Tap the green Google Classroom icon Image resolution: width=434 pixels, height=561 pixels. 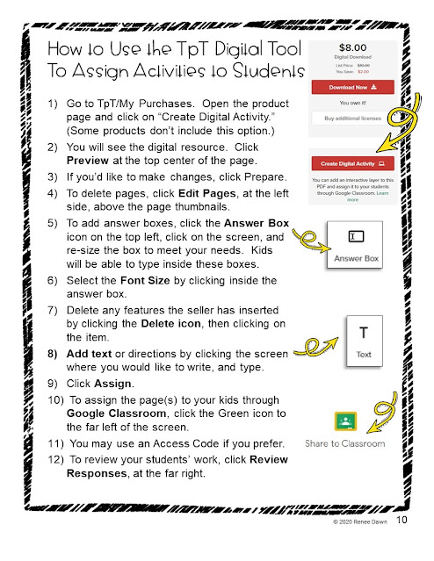coord(345,421)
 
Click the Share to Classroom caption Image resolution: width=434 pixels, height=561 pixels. coord(345,443)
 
